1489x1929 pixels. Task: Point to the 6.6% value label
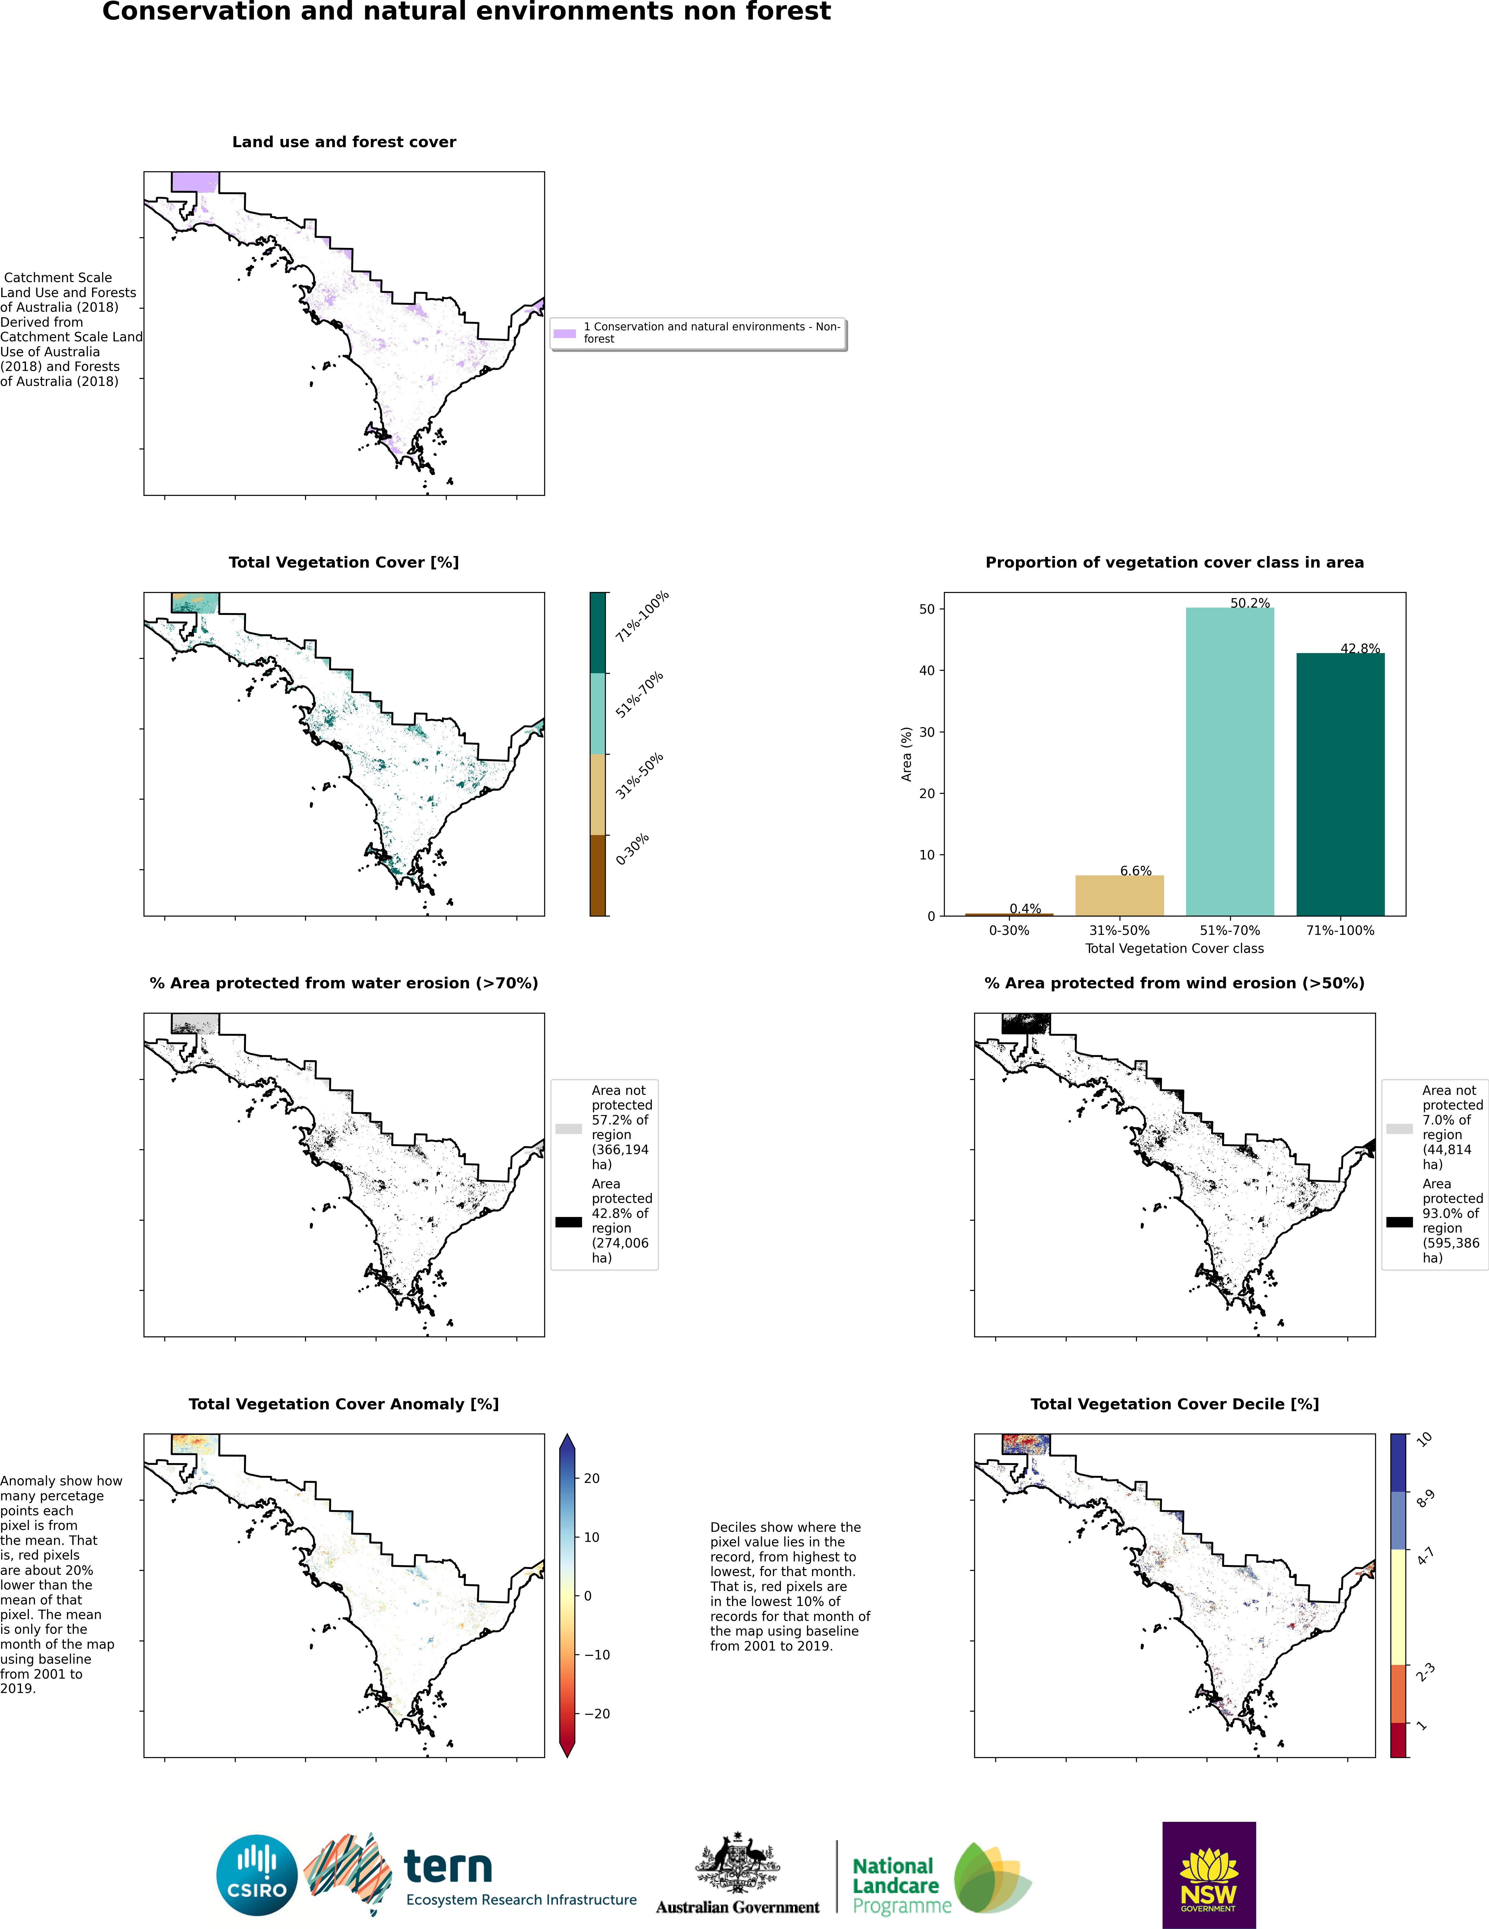pos(1136,871)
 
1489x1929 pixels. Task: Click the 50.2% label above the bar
pos(1250,603)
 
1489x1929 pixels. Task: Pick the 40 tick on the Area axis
pos(927,670)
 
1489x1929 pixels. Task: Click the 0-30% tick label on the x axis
pos(1009,930)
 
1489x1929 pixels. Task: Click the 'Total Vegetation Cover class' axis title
pos(1174,949)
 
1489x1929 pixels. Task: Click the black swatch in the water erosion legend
pos(569,1222)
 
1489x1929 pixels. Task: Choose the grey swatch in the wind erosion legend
pos(1399,1129)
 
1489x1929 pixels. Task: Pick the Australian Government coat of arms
pos(737,1862)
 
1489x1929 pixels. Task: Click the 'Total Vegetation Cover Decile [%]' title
pos(1174,1404)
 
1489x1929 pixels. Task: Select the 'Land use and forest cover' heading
pos(344,142)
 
